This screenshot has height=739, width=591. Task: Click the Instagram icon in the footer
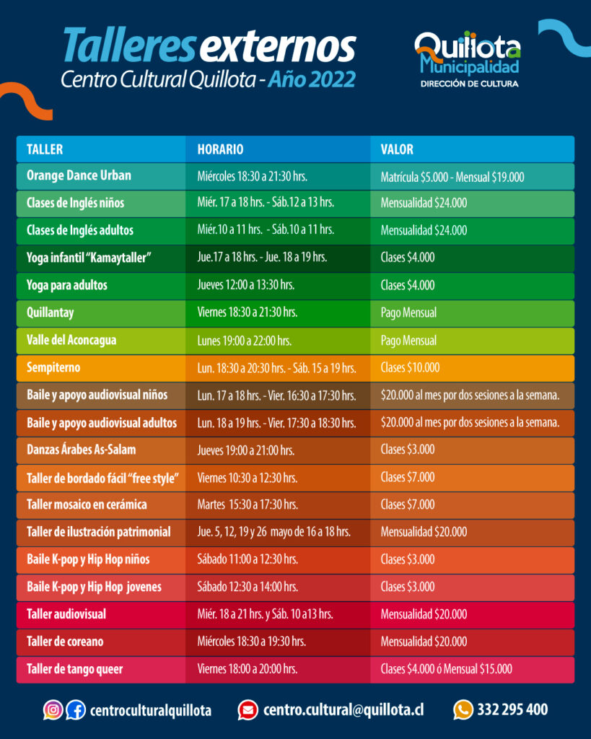[53, 710]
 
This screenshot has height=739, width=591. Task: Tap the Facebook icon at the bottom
[75, 710]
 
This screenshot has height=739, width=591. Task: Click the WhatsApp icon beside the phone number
[463, 710]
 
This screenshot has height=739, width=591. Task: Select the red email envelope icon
[248, 710]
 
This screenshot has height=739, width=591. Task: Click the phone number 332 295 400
[512, 710]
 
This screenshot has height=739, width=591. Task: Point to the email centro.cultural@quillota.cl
[343, 710]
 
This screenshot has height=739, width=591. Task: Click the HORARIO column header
[220, 149]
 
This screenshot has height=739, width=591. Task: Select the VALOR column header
[397, 149]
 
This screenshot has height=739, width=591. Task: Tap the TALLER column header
[45, 149]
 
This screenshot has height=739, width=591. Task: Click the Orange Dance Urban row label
[79, 176]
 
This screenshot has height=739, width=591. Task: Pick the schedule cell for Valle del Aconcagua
[244, 341]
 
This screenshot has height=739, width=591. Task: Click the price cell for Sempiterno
[410, 368]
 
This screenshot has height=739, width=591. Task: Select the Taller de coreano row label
[65, 642]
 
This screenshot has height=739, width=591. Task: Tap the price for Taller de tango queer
[446, 669]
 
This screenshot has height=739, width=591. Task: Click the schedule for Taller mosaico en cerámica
[248, 504]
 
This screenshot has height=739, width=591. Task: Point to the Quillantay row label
[50, 313]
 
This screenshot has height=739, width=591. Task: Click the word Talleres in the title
[128, 46]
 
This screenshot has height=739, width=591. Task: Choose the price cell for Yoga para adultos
[408, 286]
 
